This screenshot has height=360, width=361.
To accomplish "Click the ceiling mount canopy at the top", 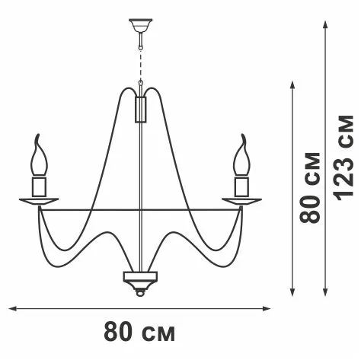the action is (140, 24).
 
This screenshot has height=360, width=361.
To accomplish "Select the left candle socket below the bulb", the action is (39, 186).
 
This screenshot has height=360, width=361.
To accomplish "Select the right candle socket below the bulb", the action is (242, 186).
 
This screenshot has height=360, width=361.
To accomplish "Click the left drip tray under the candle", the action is (39, 202).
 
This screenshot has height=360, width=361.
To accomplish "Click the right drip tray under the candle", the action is (242, 202).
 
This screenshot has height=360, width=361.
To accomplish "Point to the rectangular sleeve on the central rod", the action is (141, 110).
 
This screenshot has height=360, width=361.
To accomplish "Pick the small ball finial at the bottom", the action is (140, 293).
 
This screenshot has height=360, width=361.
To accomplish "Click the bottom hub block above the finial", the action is (140, 276).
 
